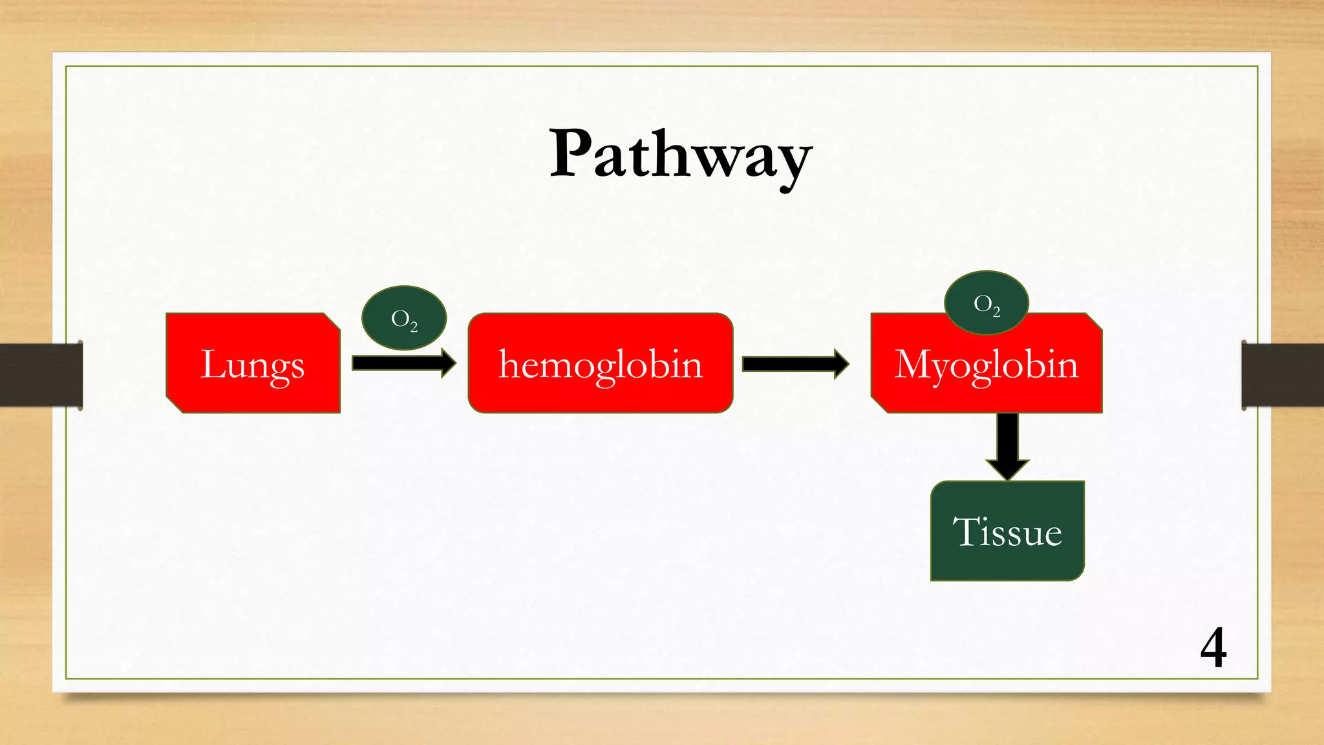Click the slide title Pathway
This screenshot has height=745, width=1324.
[x=680, y=155]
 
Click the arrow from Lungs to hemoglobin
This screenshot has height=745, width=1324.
[x=401, y=363]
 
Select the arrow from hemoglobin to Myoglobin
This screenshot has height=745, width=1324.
[x=794, y=364]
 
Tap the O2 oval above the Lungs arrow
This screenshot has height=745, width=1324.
[x=404, y=318]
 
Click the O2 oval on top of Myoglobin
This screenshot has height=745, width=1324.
[x=986, y=303]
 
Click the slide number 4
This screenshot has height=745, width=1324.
[x=1213, y=648]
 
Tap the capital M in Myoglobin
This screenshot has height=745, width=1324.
[x=913, y=364]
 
